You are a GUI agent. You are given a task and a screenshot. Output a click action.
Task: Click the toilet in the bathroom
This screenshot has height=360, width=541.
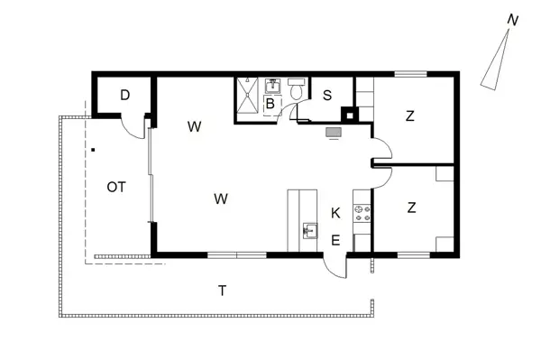(x=297, y=89)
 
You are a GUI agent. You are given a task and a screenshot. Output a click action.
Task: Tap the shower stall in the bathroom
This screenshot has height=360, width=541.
(x=247, y=95)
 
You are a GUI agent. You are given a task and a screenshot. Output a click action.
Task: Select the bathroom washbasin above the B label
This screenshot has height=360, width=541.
(x=273, y=86)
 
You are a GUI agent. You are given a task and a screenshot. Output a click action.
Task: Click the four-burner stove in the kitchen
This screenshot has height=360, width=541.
(x=362, y=213)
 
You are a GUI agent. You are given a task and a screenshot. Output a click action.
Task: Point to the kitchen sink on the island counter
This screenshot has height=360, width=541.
(x=310, y=231)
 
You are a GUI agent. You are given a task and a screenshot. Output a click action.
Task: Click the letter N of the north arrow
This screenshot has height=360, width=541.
(x=513, y=21)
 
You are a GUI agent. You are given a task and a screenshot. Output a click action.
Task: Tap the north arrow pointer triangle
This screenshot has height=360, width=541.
(x=495, y=60)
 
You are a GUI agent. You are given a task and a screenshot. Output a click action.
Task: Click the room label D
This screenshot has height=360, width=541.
(x=125, y=95)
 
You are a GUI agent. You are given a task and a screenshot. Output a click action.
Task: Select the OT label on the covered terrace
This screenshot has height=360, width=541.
(x=116, y=187)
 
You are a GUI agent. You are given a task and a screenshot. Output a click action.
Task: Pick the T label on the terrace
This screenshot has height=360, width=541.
(x=223, y=291)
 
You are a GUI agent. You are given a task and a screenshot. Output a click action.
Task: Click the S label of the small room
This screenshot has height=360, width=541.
(x=327, y=96)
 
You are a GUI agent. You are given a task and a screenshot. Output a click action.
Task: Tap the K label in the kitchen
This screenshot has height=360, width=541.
(x=335, y=213)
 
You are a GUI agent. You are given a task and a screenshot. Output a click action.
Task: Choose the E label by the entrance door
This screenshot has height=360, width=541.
(x=335, y=240)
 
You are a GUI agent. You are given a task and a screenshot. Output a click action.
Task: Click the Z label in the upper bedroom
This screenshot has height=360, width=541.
(x=410, y=116)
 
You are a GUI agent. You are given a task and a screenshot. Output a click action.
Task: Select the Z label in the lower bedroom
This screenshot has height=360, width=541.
(x=411, y=208)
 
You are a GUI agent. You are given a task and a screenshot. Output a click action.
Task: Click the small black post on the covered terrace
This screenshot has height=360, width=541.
(x=93, y=150)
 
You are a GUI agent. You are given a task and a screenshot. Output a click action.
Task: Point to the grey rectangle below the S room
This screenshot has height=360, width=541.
(x=334, y=133)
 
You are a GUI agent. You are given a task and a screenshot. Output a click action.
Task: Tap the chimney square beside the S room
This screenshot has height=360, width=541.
(x=350, y=115)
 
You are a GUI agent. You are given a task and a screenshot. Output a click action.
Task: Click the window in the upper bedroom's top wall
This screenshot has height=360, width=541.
(x=410, y=74)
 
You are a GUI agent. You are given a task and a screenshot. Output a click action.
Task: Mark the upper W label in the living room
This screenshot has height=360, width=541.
(x=194, y=126)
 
